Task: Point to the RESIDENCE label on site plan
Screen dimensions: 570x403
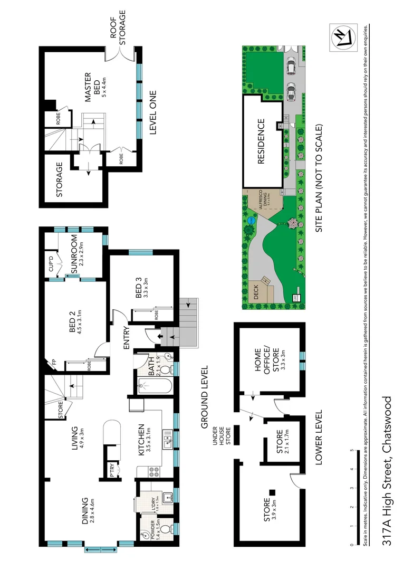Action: point(261,142)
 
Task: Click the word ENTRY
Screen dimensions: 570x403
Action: point(127,339)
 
